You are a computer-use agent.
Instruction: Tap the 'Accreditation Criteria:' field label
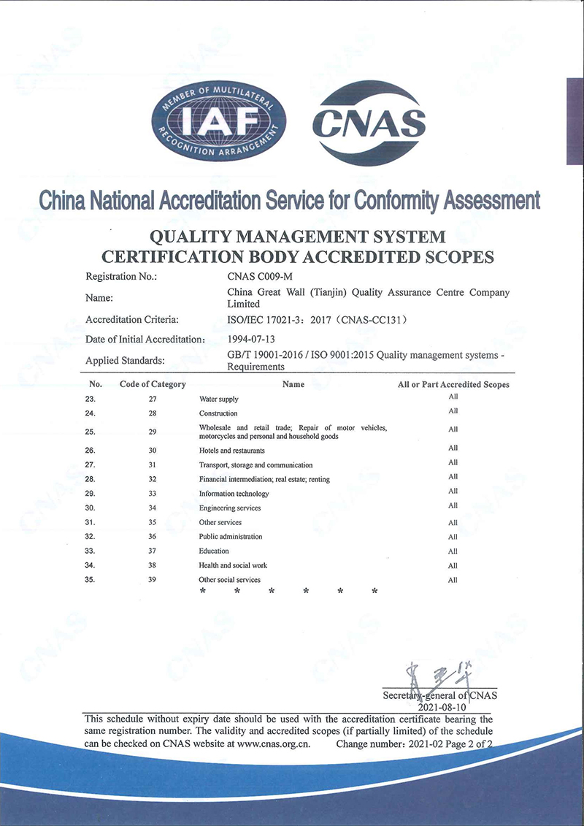[132, 319]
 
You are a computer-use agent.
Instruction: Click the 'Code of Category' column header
[153, 384]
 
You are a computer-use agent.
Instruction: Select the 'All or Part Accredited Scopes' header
[453, 384]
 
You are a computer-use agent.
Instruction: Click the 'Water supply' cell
[218, 399]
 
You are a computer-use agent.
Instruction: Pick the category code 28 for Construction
[153, 413]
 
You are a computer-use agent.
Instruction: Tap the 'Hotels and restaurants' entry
[231, 451]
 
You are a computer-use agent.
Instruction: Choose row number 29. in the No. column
[91, 493]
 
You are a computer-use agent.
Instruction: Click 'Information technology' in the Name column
[234, 494]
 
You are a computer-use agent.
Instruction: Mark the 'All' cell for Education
[453, 551]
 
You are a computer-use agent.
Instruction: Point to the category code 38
[153, 565]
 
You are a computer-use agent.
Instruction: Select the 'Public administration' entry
[231, 537]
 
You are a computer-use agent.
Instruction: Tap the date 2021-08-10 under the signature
[442, 707]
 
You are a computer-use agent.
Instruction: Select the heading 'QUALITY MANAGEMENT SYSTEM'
[297, 237]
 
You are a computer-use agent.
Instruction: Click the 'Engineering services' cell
[229, 508]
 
